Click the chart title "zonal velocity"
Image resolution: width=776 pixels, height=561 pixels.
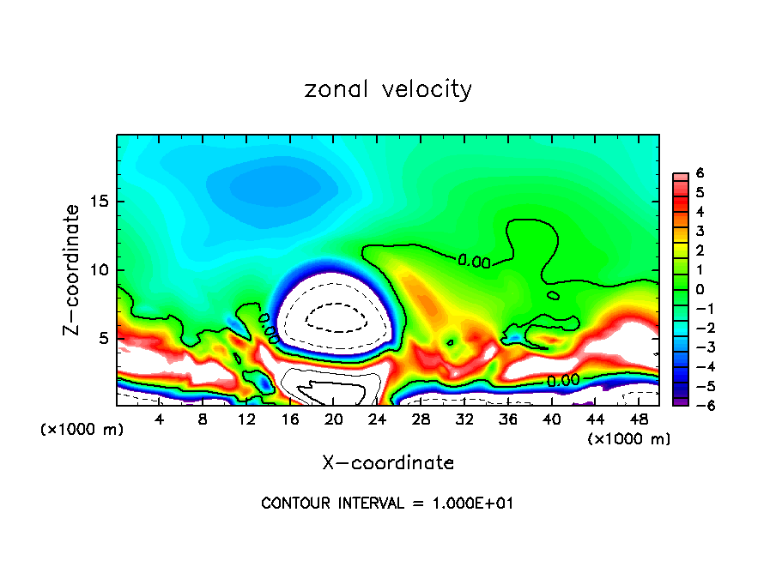pos(388,89)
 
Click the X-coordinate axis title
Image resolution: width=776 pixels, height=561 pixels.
pos(388,462)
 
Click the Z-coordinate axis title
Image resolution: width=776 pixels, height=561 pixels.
pos(75,269)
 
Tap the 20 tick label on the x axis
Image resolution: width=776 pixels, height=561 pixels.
pos(333,419)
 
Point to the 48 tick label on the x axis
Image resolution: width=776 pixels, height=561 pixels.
pos(639,419)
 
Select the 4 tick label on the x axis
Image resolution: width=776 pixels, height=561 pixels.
pos(159,419)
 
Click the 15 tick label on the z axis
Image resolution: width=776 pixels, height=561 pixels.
pos(99,202)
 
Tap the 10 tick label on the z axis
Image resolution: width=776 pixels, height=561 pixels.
pos(99,270)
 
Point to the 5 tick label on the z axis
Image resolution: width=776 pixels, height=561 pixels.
pos(103,338)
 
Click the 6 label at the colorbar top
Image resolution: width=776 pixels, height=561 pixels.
pos(700,173)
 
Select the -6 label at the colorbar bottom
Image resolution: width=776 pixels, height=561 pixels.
pos(697,406)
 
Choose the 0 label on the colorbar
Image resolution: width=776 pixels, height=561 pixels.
pos(700,289)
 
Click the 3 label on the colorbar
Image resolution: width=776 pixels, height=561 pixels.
pos(700,231)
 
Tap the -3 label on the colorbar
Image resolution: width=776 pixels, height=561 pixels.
pos(697,347)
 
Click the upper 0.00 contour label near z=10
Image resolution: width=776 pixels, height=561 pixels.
pos(474,261)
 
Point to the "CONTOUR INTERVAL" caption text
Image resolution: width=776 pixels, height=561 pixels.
pos(387,504)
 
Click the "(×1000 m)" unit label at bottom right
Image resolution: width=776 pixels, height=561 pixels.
pos(628,438)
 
